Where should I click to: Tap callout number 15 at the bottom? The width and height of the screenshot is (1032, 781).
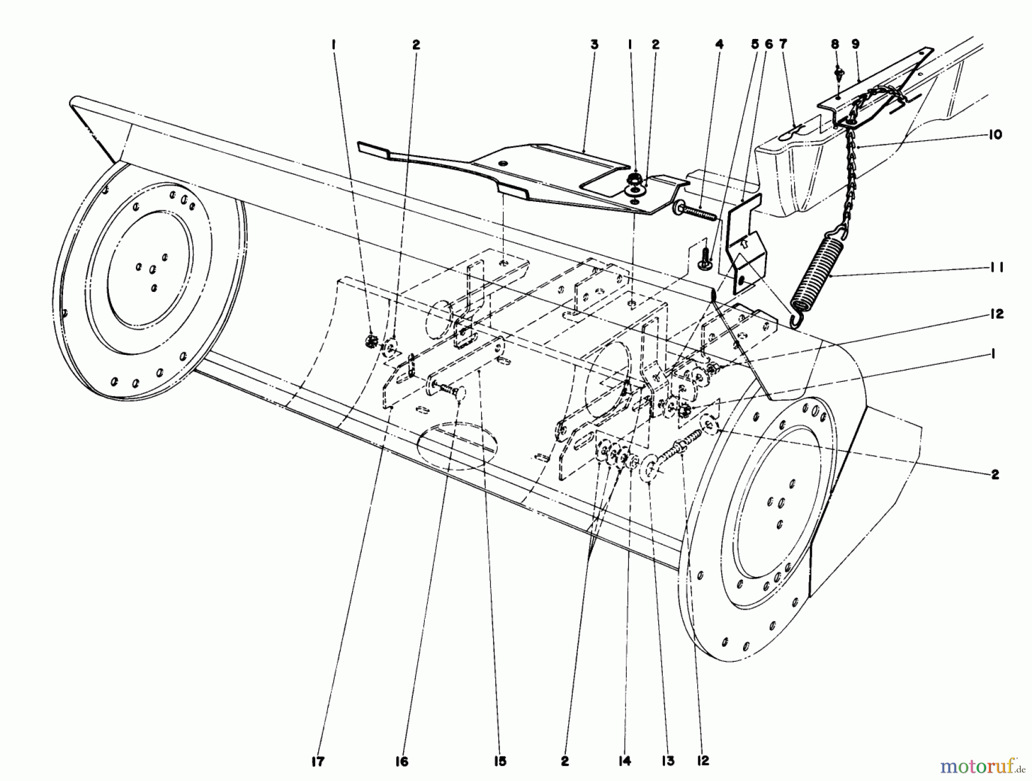tap(498, 762)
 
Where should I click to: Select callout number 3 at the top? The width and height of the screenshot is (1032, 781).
tap(594, 44)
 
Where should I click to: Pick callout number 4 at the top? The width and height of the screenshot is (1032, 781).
tap(719, 44)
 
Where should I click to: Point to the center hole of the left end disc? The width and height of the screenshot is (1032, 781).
tap(152, 269)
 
